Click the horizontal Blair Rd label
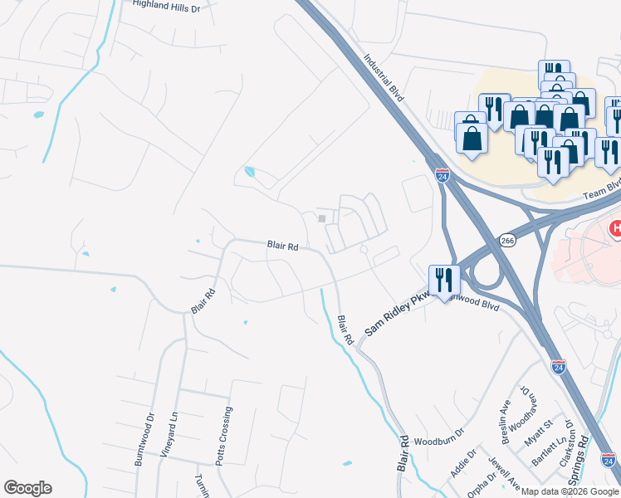pos(282,246)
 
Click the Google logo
pos(27,488)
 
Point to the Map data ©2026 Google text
pos(570,491)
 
